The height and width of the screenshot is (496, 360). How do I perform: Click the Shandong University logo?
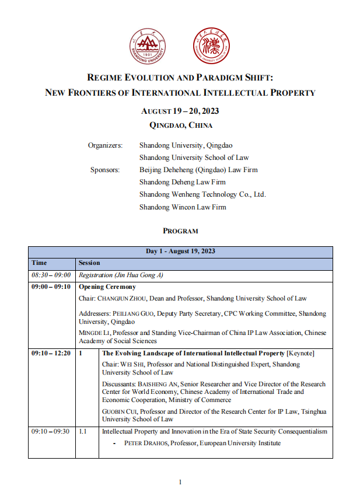pyautogui.click(x=147, y=47)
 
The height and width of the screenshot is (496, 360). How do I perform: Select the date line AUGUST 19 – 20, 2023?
pyautogui.click(x=180, y=111)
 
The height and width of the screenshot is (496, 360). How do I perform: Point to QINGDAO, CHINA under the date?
pyautogui.click(x=180, y=125)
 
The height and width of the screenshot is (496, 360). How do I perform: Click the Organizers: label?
pyautogui.click(x=105, y=145)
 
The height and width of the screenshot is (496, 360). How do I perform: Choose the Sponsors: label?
pyautogui.click(x=105, y=170)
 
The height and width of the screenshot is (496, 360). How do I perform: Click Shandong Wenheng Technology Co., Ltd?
pyautogui.click(x=202, y=194)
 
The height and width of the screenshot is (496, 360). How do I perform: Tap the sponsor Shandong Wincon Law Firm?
pyautogui.click(x=183, y=207)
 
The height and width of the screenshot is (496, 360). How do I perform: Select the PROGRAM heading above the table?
pyautogui.click(x=180, y=231)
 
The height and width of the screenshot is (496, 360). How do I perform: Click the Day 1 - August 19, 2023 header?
pyautogui.click(x=180, y=252)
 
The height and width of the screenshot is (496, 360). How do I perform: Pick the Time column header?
pyautogui.click(x=39, y=263)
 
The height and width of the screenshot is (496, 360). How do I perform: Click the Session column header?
pyautogui.click(x=89, y=263)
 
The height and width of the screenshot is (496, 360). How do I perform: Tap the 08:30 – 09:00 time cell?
pyautogui.click(x=51, y=275)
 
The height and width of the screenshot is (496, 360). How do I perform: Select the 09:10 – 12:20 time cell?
pyautogui.click(x=51, y=354)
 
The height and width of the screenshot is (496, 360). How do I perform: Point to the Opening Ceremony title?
pyautogui.click(x=107, y=287)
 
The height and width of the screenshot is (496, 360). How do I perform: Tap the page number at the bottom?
pyautogui.click(x=180, y=482)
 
